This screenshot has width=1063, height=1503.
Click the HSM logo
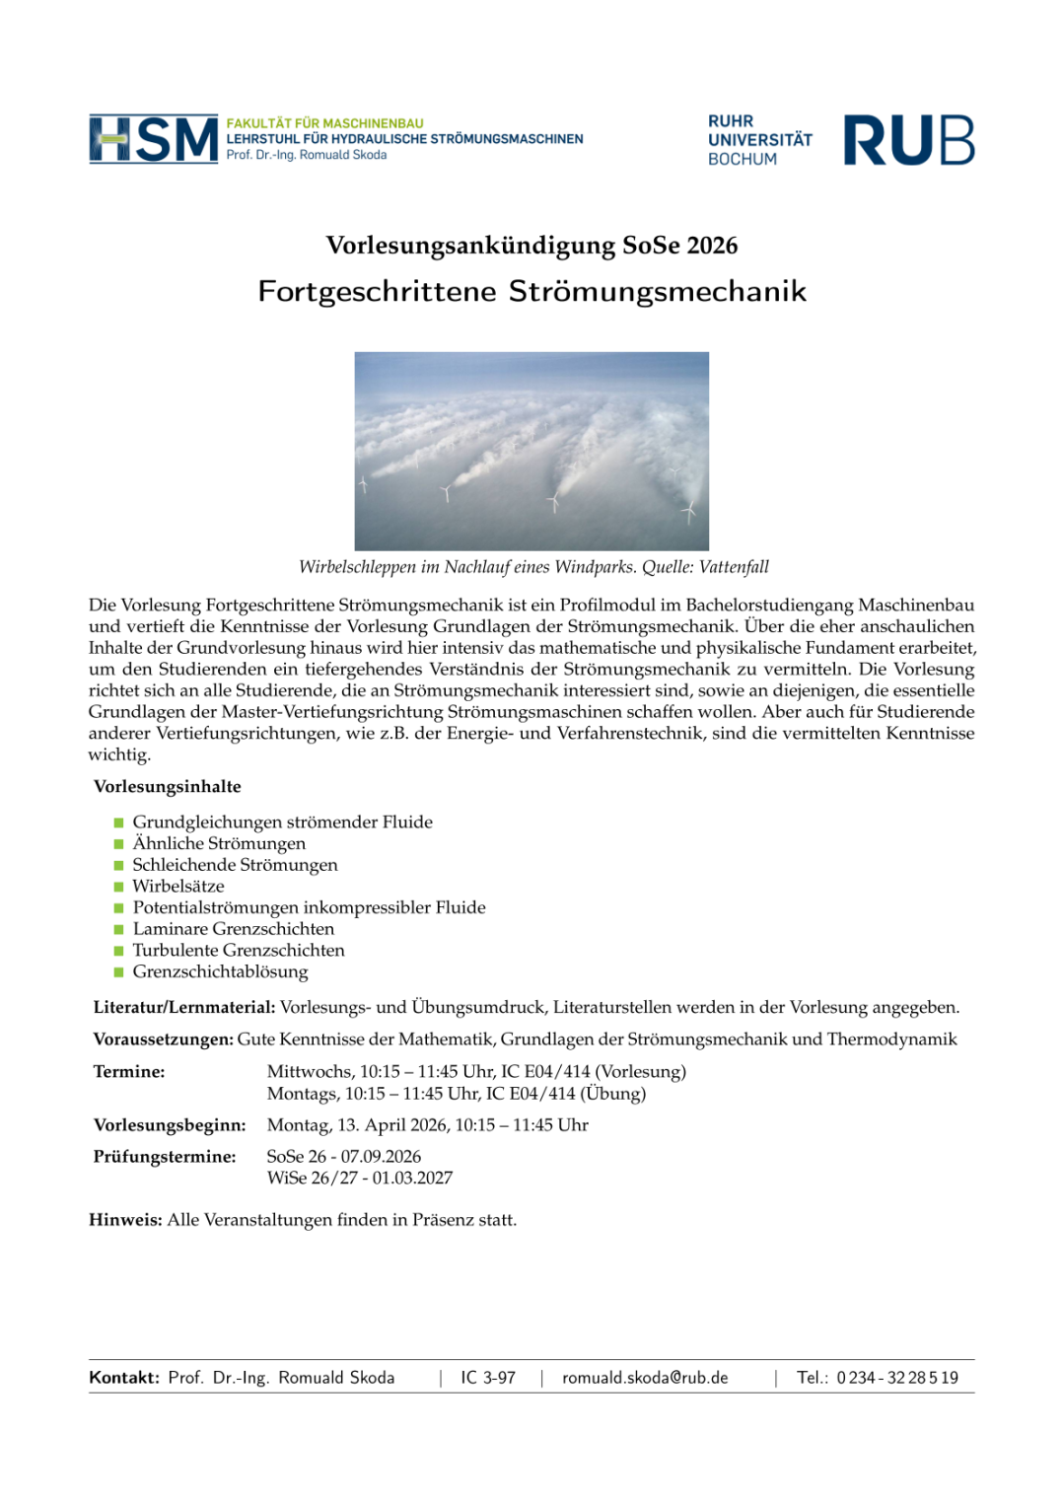click(153, 139)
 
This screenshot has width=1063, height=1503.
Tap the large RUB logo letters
click(908, 140)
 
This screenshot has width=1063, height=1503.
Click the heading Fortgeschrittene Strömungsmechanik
click(531, 292)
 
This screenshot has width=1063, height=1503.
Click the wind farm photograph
click(531, 451)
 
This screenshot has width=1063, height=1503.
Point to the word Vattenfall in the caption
click(734, 567)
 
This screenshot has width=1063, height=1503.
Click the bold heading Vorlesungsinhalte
click(168, 787)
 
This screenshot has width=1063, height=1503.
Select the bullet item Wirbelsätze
click(178, 887)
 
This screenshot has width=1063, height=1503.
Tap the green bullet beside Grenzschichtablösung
click(119, 972)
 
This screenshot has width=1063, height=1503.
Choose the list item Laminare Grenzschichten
click(234, 929)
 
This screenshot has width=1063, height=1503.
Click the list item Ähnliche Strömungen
click(219, 844)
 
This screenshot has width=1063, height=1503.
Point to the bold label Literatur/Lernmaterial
click(183, 1008)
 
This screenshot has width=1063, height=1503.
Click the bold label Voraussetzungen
click(163, 1039)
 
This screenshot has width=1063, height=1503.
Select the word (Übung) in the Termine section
click(613, 1094)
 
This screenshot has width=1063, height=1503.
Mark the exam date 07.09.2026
click(381, 1157)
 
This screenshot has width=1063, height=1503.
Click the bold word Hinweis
click(125, 1220)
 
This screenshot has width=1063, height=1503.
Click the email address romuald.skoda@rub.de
click(645, 1378)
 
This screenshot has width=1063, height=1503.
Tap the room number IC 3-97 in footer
click(488, 1378)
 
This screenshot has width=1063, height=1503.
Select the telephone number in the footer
click(897, 1378)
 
